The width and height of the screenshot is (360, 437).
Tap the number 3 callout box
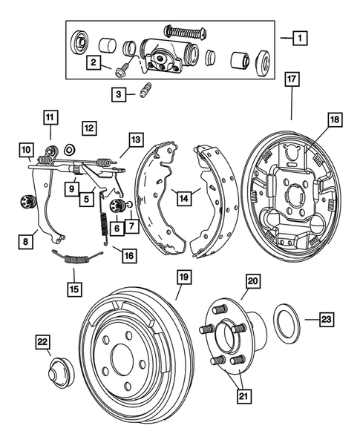pos(118,94)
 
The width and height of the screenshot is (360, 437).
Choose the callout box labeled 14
pos(180,197)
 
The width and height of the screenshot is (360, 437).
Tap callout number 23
pos(327,320)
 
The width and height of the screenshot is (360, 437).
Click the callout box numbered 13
pos(135,139)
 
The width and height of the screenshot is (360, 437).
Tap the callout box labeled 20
pos(252,280)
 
